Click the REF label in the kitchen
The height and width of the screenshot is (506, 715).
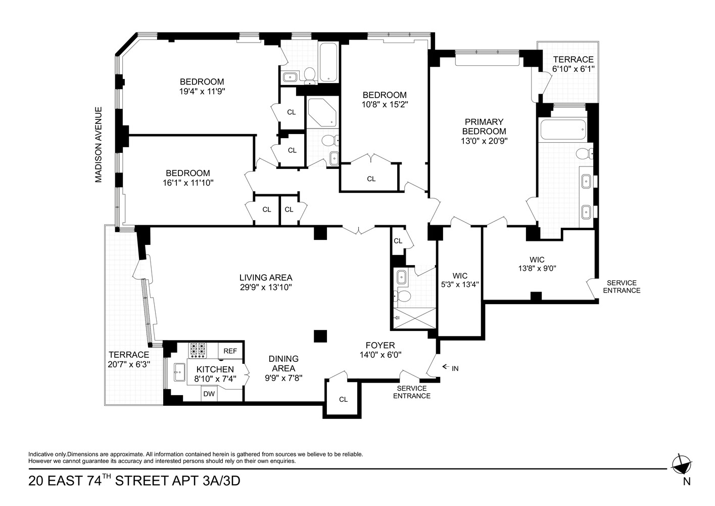(x=230, y=351)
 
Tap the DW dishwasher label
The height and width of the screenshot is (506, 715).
(x=209, y=394)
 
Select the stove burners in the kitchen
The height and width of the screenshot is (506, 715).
(x=198, y=350)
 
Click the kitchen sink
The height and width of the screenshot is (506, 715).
(x=180, y=372)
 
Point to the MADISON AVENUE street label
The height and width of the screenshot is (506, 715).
(x=99, y=145)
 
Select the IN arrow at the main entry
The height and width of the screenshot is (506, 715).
(x=446, y=367)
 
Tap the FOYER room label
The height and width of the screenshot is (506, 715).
(x=380, y=345)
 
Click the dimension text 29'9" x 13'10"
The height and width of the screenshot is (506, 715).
(x=266, y=287)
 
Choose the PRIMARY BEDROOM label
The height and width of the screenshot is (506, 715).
(x=484, y=126)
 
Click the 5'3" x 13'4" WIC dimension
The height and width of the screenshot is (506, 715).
(x=460, y=284)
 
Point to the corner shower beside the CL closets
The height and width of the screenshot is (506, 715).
(x=322, y=112)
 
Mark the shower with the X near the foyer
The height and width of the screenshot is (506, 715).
(x=414, y=318)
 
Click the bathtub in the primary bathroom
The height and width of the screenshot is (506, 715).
(x=563, y=130)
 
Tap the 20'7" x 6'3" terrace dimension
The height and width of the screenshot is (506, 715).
(x=129, y=364)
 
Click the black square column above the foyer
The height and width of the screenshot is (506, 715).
(x=320, y=336)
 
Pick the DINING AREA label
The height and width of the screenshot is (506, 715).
(x=283, y=363)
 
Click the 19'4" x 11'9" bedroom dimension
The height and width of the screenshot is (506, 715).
(x=202, y=92)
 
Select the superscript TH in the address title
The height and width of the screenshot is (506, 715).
(x=107, y=477)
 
